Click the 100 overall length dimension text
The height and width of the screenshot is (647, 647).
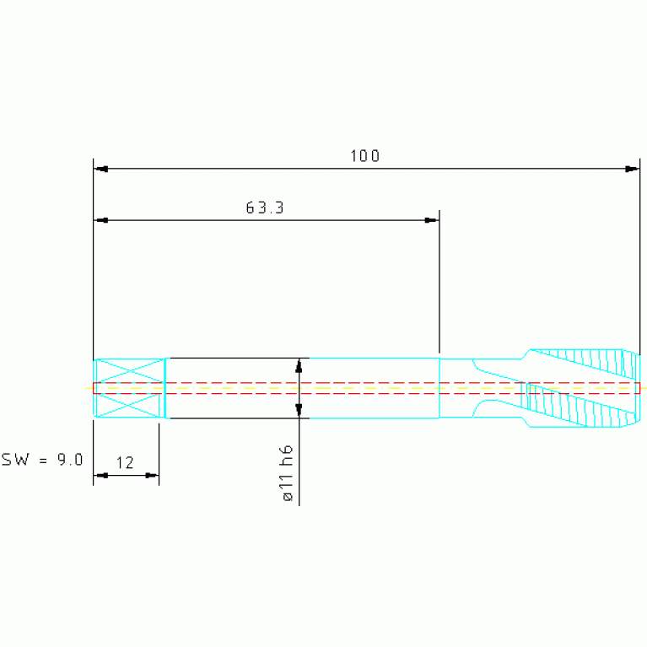click(364, 156)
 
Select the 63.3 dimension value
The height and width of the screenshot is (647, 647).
click(265, 208)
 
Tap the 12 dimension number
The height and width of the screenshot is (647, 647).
click(125, 463)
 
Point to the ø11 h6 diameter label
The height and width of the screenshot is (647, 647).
click(287, 473)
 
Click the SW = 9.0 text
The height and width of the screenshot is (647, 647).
click(42, 459)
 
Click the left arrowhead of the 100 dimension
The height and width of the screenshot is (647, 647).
click(101, 169)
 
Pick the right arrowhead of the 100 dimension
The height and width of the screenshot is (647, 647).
click(632, 169)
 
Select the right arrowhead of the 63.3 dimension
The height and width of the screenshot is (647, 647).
click(432, 220)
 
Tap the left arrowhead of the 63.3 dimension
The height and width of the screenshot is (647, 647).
click(101, 220)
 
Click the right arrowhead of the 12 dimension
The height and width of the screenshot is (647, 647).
click(152, 476)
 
